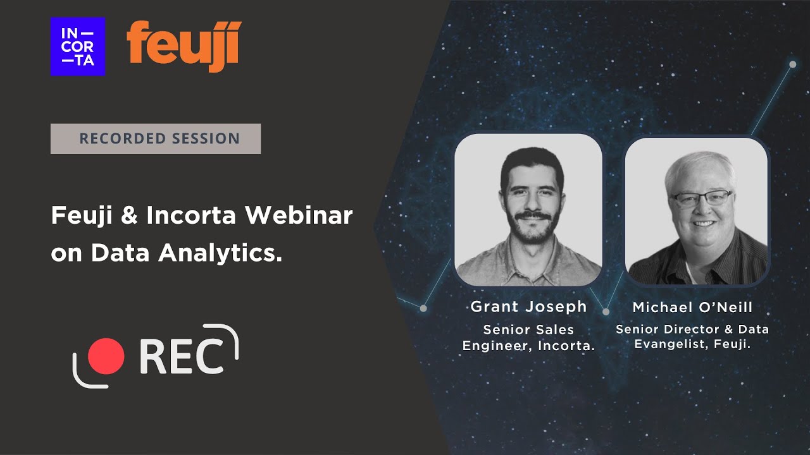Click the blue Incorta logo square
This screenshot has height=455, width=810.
coord(78,46)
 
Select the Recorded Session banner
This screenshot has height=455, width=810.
coord(156,138)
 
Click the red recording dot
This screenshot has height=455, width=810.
coord(106,356)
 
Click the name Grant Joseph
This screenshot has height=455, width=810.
coord(528,307)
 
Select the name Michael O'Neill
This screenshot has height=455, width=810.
coord(692,308)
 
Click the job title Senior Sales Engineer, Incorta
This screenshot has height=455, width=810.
coord(528,337)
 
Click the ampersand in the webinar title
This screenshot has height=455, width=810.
coord(130,216)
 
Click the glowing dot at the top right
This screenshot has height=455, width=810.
coord(792,64)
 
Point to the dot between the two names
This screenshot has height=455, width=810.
coord(606,312)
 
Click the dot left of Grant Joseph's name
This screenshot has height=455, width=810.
coord(423,308)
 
